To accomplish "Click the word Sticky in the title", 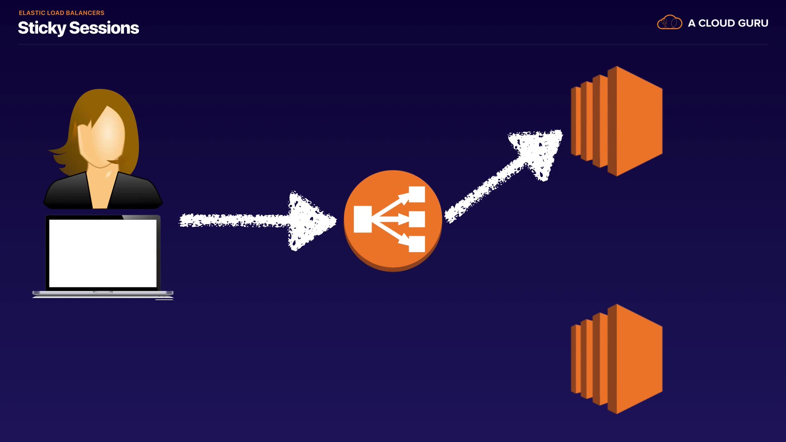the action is tap(42, 28).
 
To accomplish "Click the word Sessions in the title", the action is tap(104, 28).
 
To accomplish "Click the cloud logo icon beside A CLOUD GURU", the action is tap(669, 23).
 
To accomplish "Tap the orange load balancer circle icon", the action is tap(393, 221).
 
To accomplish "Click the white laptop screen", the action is tap(103, 253).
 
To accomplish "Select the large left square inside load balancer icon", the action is tap(363, 219).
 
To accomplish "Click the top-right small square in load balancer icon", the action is tap(417, 194).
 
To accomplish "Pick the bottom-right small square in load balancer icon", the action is tap(417, 244).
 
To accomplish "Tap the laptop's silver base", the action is tap(103, 293).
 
